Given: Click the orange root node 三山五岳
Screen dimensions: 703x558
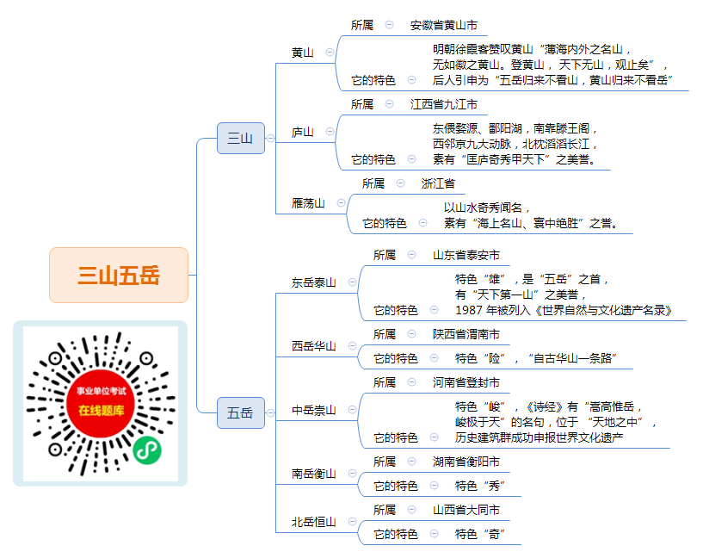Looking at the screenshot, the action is coord(119,275).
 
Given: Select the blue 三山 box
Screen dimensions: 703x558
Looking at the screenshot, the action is coord(241,138).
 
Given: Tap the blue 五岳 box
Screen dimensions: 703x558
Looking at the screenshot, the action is coord(241,412).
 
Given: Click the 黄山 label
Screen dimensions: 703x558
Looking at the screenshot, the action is coord(303,53).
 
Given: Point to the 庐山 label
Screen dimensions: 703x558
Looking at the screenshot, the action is coord(303,132).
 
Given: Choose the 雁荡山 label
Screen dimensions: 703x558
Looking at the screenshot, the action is coord(308,203).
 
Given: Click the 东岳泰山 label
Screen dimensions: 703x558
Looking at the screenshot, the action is coord(314,282).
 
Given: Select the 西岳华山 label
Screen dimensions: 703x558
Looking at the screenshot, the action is coord(314,346).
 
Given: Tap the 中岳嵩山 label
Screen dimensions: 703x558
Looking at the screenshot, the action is coord(314,410).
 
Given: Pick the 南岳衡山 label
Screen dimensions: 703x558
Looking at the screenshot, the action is coord(314,474).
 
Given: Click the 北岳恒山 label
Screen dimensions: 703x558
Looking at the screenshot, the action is coord(314,522).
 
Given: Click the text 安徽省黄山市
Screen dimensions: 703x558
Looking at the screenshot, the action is coord(444,25).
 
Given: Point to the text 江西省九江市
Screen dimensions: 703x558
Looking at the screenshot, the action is coord(444,104).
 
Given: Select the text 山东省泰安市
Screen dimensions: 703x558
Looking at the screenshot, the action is coord(466,255).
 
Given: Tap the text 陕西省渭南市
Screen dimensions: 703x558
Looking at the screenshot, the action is coord(466,334).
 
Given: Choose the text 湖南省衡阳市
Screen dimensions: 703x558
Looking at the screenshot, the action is coord(466,462).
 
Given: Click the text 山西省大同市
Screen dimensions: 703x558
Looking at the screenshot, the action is coord(466,510).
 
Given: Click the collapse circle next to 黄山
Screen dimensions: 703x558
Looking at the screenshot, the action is coord(330,52).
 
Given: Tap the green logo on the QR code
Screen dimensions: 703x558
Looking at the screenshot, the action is coord(147,449).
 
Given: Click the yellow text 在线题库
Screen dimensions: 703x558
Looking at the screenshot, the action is coord(102,411).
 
